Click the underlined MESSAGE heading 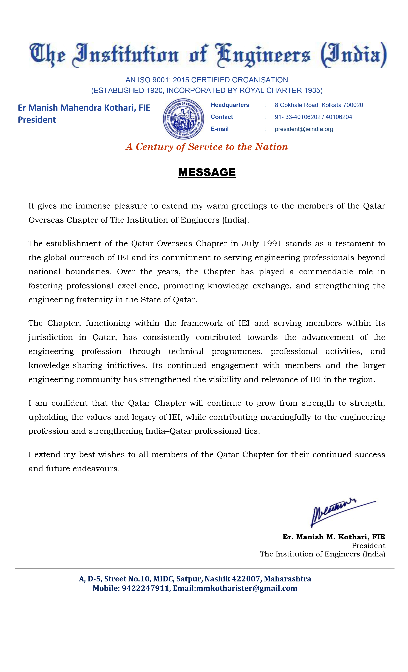(207, 172)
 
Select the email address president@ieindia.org (304, 129)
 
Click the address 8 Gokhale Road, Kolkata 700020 (319, 105)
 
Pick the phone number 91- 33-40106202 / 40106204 (313, 117)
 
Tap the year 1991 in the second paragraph (272, 244)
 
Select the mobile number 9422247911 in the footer (145, 588)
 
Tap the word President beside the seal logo (37, 120)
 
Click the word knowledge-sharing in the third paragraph (65, 365)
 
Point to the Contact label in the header (222, 117)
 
